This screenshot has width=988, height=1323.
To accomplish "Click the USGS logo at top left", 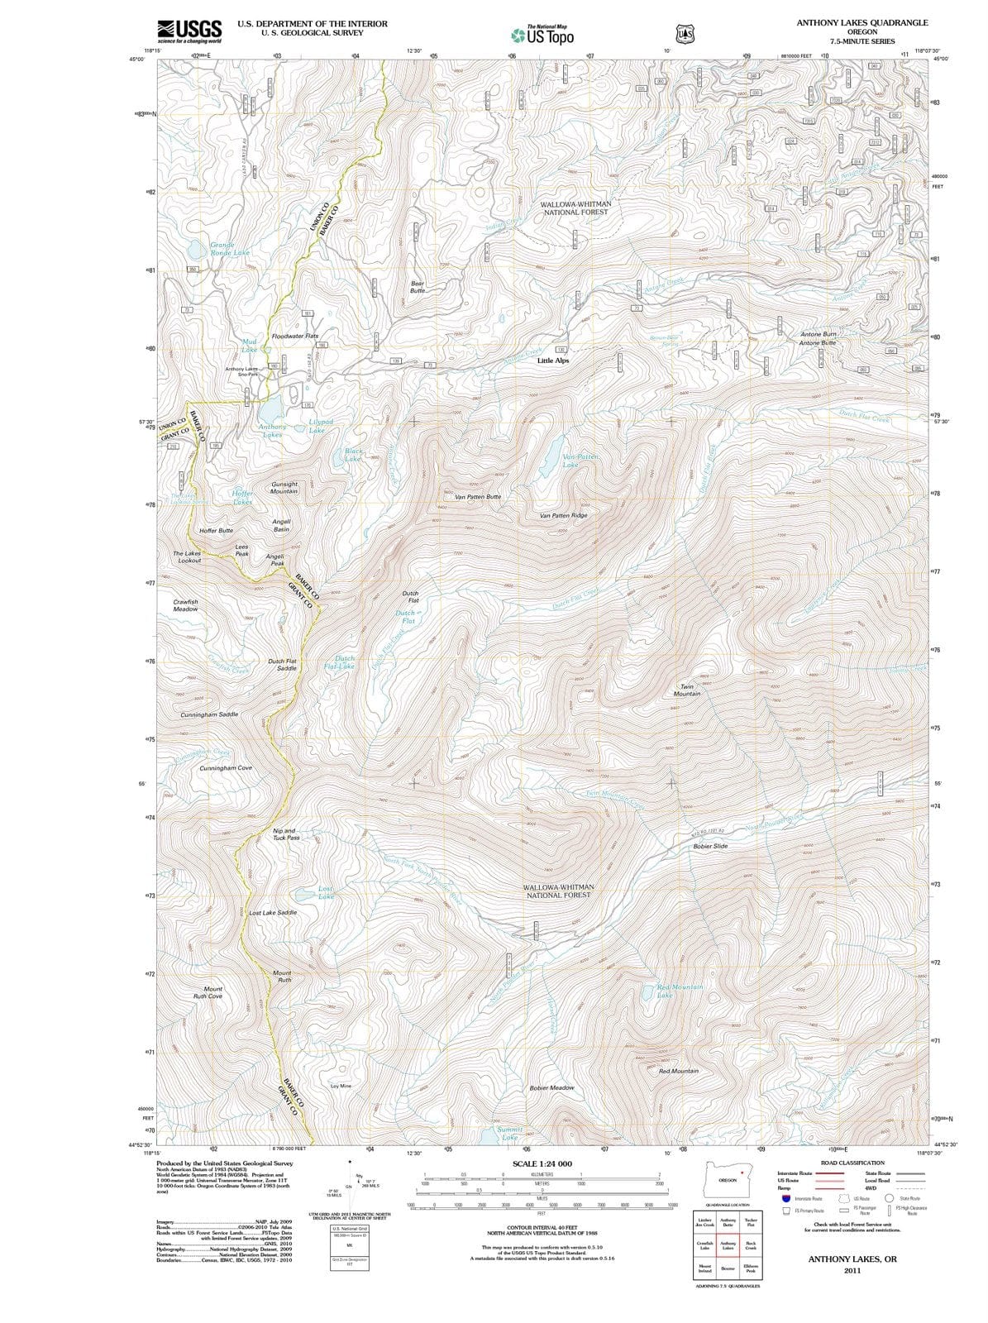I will pyautogui.click(x=189, y=31).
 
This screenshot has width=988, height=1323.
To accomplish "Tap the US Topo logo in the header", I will pyautogui.click(x=542, y=35).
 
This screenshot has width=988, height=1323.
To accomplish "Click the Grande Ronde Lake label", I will pyautogui.click(x=229, y=248).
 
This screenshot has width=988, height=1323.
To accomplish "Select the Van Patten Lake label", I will pyautogui.click(x=580, y=461).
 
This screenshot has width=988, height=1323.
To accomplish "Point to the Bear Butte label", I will pyautogui.click(x=418, y=287).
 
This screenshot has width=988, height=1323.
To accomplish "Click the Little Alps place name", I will pyautogui.click(x=553, y=361).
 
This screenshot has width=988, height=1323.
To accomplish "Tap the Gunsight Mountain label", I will pyautogui.click(x=284, y=488).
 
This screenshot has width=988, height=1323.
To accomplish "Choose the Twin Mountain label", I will pyautogui.click(x=686, y=690).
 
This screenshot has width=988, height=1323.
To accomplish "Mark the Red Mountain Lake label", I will pyautogui.click(x=680, y=991).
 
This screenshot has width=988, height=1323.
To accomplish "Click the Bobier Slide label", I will pyautogui.click(x=710, y=846).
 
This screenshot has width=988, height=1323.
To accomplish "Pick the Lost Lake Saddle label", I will pyautogui.click(x=273, y=913).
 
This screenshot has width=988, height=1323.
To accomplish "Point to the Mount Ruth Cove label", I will pyautogui.click(x=208, y=992).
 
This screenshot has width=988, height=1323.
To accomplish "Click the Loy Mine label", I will pyautogui.click(x=341, y=1086).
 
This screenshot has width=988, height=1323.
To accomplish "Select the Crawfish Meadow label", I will pyautogui.click(x=186, y=605).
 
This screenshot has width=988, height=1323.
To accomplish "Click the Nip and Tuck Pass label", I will pyautogui.click(x=285, y=833).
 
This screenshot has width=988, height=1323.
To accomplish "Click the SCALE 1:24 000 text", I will pyautogui.click(x=542, y=1163).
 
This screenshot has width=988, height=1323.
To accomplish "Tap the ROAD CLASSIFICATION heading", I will pyautogui.click(x=852, y=1163).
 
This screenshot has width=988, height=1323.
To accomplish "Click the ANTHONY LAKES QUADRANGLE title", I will pyautogui.click(x=862, y=23).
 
